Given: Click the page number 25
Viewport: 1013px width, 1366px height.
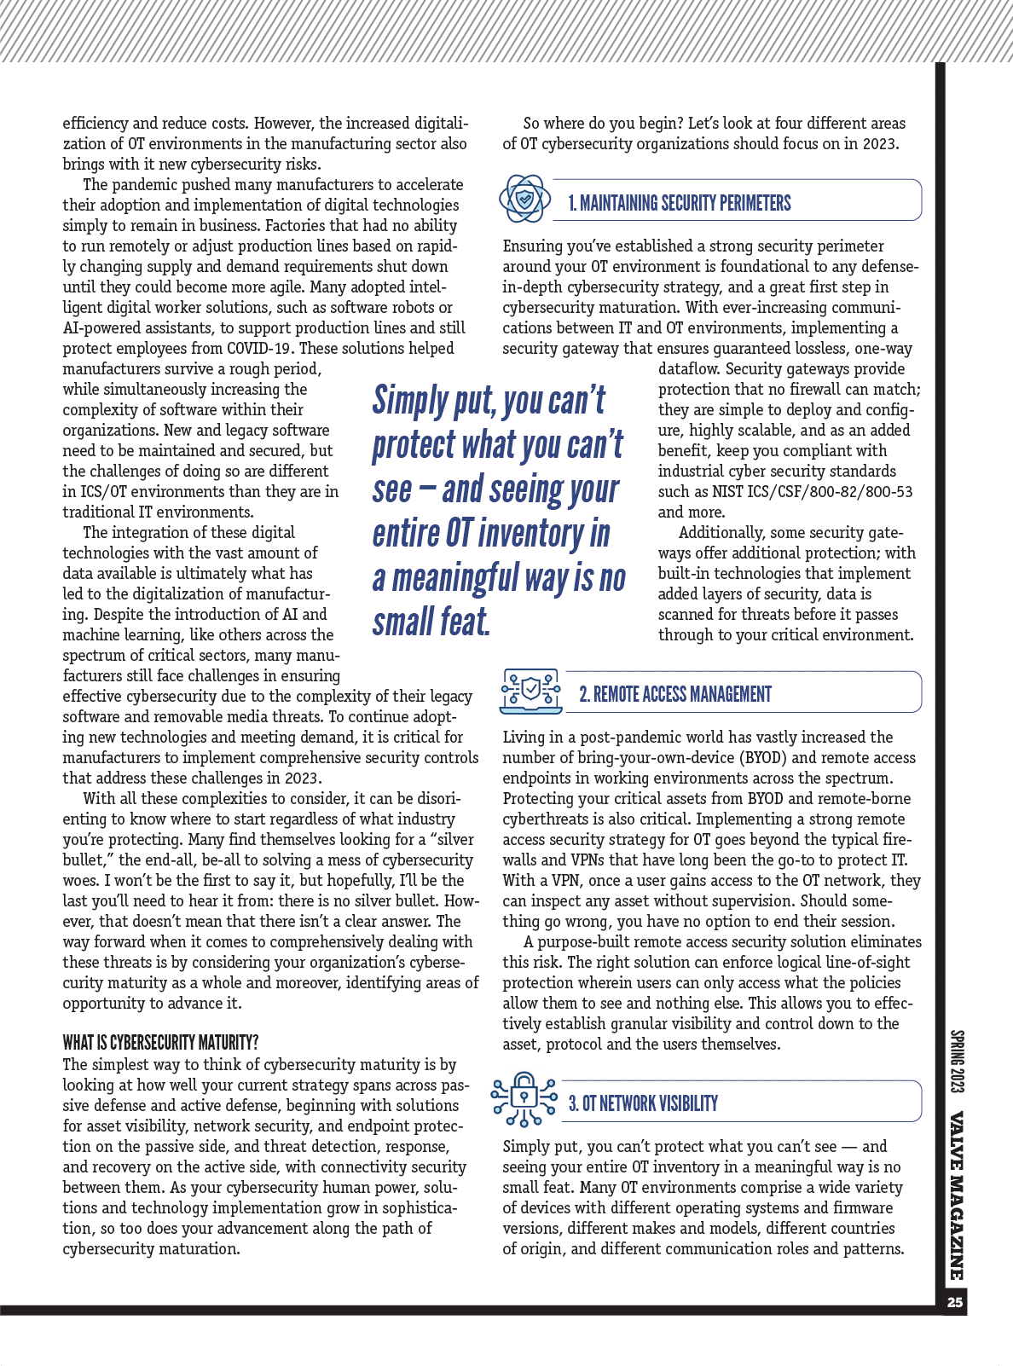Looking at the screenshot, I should tap(955, 1302).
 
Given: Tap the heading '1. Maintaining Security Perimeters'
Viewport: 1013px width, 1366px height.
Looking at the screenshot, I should tap(680, 203).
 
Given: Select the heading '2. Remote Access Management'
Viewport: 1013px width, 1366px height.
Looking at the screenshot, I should tap(675, 694).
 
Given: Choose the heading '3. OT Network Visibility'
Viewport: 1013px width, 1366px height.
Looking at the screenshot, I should tap(643, 1103).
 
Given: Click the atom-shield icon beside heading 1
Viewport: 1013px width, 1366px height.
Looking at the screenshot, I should tap(524, 199).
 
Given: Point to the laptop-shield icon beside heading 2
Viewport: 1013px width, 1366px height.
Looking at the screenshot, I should tap(530, 691).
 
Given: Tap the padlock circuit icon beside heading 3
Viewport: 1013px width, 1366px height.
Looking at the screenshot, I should tap(524, 1099).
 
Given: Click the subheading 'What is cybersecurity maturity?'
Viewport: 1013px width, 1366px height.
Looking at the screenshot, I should tap(160, 1043).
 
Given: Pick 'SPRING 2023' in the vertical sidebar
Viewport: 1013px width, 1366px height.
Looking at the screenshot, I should tap(956, 1062).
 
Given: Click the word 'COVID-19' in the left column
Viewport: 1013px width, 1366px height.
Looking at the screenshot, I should tap(259, 349).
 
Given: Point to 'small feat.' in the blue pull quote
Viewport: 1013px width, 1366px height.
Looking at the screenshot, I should tap(431, 622).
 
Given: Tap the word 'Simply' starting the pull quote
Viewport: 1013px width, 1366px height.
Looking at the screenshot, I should tap(410, 400).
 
